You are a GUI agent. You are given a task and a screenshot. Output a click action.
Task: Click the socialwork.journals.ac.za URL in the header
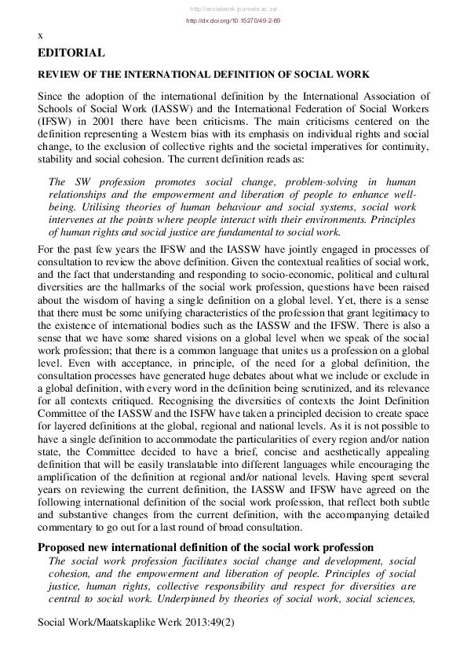pyautogui.click(x=233, y=8)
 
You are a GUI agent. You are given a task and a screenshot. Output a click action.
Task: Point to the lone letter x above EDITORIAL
pyautogui.click(x=40, y=35)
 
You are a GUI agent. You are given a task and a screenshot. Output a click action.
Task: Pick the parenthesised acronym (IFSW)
pyautogui.click(x=55, y=122)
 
